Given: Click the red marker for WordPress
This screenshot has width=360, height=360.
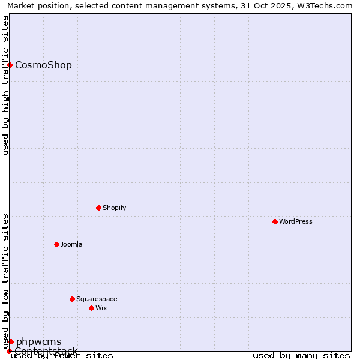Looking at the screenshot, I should pyautogui.click(x=275, y=221).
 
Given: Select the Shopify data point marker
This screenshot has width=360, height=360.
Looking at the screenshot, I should pyautogui.click(x=99, y=208).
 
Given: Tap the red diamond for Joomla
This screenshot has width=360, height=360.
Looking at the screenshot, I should pyautogui.click(x=57, y=244).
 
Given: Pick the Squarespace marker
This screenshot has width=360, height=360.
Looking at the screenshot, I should pyautogui.click(x=73, y=299).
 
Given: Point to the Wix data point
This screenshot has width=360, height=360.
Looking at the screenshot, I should pyautogui.click(x=92, y=308).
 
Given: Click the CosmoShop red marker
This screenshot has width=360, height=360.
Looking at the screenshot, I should pyautogui.click(x=10, y=65).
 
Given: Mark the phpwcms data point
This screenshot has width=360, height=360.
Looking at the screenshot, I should pyautogui.click(x=11, y=341).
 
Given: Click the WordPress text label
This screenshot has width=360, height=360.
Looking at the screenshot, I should pyautogui.click(x=296, y=221).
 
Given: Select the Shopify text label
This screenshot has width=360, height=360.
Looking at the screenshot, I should pyautogui.click(x=115, y=208).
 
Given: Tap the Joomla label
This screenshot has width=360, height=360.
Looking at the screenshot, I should pyautogui.click(x=71, y=244).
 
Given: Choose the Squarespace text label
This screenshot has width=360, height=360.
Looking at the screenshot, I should pyautogui.click(x=97, y=299).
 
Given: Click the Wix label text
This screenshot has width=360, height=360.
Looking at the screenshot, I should pyautogui.click(x=101, y=308).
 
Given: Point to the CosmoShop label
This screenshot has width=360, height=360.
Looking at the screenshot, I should pyautogui.click(x=43, y=65).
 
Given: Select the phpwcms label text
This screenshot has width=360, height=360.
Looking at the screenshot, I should pyautogui.click(x=39, y=341).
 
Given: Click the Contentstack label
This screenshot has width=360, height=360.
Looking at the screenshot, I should pyautogui.click(x=46, y=350).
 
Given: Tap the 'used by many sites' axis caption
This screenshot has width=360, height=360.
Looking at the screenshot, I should pyautogui.click(x=301, y=355).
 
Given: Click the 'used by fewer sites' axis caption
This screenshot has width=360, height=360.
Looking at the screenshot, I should pyautogui.click(x=62, y=355).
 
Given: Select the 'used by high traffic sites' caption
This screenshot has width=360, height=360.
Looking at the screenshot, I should pyautogui.click(x=5, y=85).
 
